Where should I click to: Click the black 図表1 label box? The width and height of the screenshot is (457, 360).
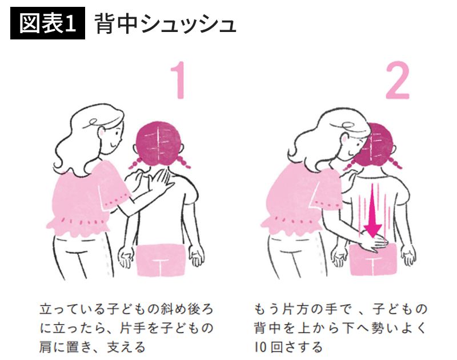tap(47, 23)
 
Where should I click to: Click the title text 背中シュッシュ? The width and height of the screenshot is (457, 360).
tap(165, 23)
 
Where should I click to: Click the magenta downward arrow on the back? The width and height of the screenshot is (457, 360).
tap(373, 210)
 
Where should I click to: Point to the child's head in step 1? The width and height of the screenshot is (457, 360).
tap(159, 143)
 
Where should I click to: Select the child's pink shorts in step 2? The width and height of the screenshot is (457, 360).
tap(374, 259)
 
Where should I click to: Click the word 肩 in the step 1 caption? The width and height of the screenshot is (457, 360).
tap(45, 347)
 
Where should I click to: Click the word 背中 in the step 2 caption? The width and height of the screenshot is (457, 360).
tap(267, 328)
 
